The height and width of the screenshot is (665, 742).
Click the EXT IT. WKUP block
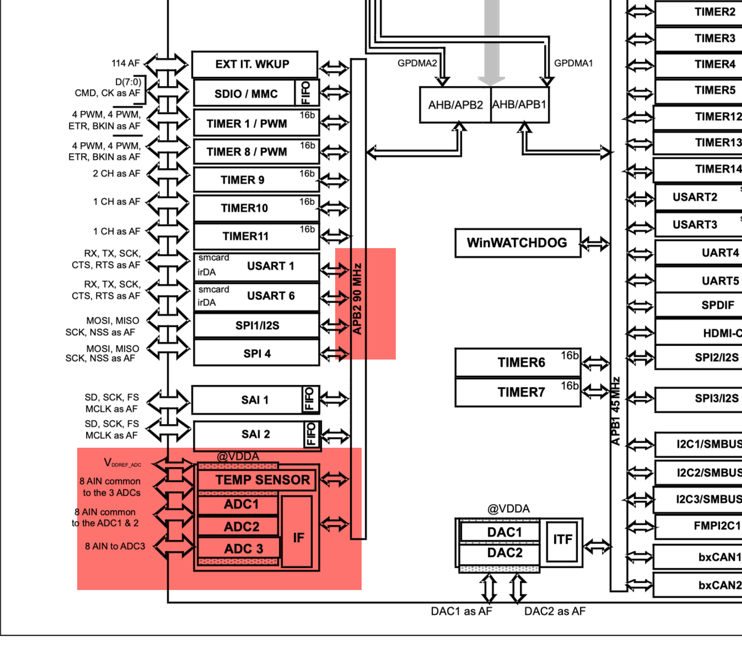(254, 65)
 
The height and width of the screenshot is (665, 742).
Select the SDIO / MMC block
(246, 94)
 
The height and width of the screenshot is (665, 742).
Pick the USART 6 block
(256, 297)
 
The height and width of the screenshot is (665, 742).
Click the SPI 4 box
(256, 353)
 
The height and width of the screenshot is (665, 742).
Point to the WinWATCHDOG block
(517, 243)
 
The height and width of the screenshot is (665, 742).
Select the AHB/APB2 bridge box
(455, 105)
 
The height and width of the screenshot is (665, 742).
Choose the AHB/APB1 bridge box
(519, 105)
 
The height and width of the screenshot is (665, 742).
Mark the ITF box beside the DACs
(562, 540)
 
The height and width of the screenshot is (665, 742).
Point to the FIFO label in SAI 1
(309, 399)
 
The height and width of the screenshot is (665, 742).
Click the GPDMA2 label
(417, 63)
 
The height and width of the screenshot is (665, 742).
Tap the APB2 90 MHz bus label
(357, 299)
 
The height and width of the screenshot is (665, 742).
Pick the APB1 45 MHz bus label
(616, 411)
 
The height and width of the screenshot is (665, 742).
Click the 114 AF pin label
(126, 63)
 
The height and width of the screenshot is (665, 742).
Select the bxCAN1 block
(700, 557)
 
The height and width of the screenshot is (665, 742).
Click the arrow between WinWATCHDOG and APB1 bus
(595, 243)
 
